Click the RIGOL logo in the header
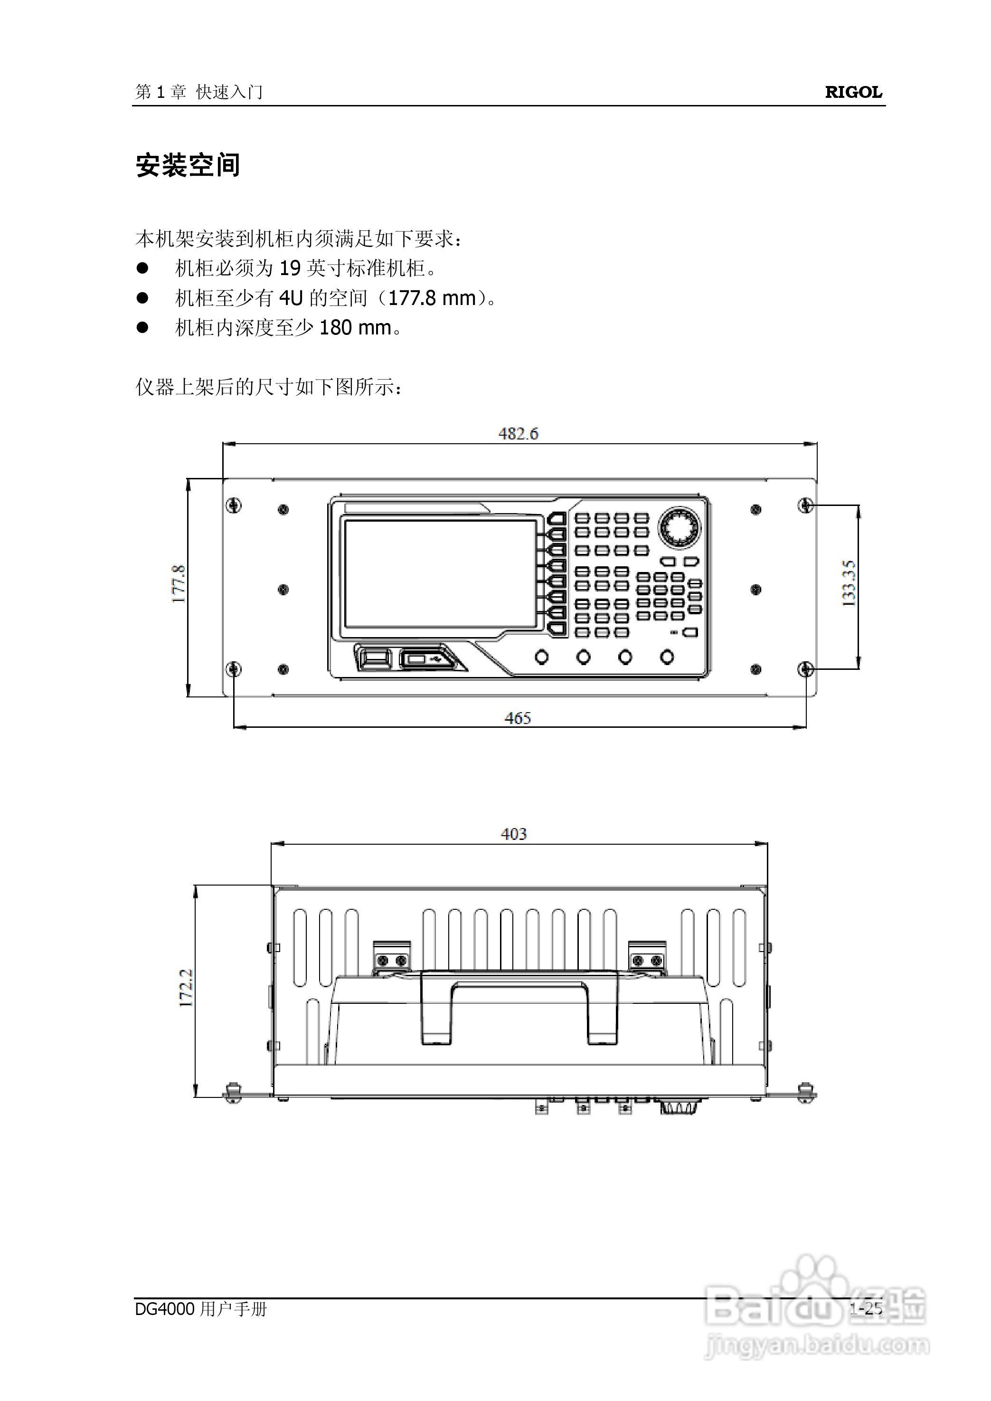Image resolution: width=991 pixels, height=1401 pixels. (853, 92)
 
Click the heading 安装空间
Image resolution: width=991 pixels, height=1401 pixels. (188, 165)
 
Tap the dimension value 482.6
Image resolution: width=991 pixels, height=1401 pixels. (518, 433)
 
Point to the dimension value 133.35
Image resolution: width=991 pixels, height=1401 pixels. (849, 583)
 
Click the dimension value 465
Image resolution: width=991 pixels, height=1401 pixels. (518, 718)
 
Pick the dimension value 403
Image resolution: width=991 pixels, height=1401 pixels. (513, 834)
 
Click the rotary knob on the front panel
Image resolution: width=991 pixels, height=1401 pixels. (679, 527)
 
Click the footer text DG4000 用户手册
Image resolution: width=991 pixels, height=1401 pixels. (201, 1308)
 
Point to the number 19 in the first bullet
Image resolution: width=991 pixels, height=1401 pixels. (290, 268)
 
